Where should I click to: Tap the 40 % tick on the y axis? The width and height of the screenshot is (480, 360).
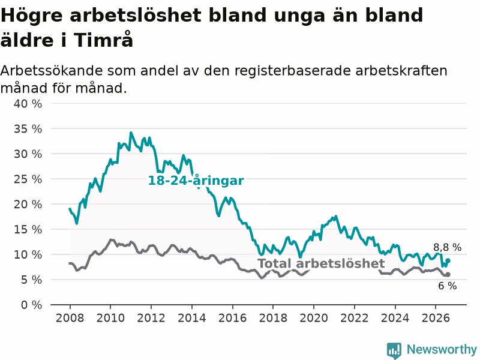click(28, 104)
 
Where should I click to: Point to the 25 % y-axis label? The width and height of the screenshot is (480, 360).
click(28, 179)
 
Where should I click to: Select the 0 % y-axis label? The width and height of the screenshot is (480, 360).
click(31, 305)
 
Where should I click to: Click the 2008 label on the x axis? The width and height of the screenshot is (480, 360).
click(70, 318)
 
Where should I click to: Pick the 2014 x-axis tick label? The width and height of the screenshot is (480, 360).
click(191, 318)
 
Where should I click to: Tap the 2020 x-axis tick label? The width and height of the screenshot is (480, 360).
click(313, 318)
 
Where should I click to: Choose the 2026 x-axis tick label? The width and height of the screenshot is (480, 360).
click(436, 318)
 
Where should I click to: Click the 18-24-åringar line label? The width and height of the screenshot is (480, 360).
click(196, 181)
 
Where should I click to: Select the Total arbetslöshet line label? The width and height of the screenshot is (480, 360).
click(321, 263)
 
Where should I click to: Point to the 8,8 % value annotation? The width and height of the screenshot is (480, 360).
click(447, 247)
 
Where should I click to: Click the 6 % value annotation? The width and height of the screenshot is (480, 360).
click(447, 286)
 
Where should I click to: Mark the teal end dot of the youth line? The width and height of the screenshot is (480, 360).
click(448, 260)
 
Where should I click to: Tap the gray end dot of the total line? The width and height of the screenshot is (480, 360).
click(448, 275)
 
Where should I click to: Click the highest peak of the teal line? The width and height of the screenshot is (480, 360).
click(131, 133)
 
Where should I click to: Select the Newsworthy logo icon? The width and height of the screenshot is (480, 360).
click(394, 350)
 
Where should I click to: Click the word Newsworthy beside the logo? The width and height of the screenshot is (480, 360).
click(442, 349)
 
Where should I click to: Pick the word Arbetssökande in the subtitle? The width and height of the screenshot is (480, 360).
click(52, 71)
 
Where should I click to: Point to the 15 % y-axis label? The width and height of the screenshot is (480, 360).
click(28, 229)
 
